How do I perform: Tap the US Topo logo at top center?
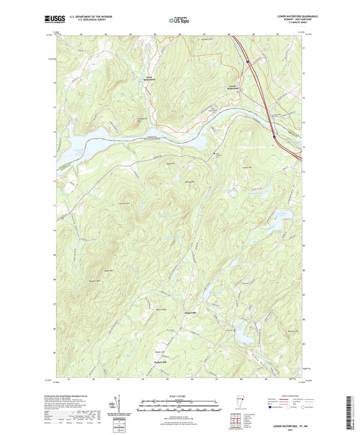pyautogui.click(x=180, y=21)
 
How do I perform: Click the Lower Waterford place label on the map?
pyautogui.click(x=233, y=87)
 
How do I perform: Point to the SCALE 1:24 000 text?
pyautogui.click(x=180, y=396)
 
